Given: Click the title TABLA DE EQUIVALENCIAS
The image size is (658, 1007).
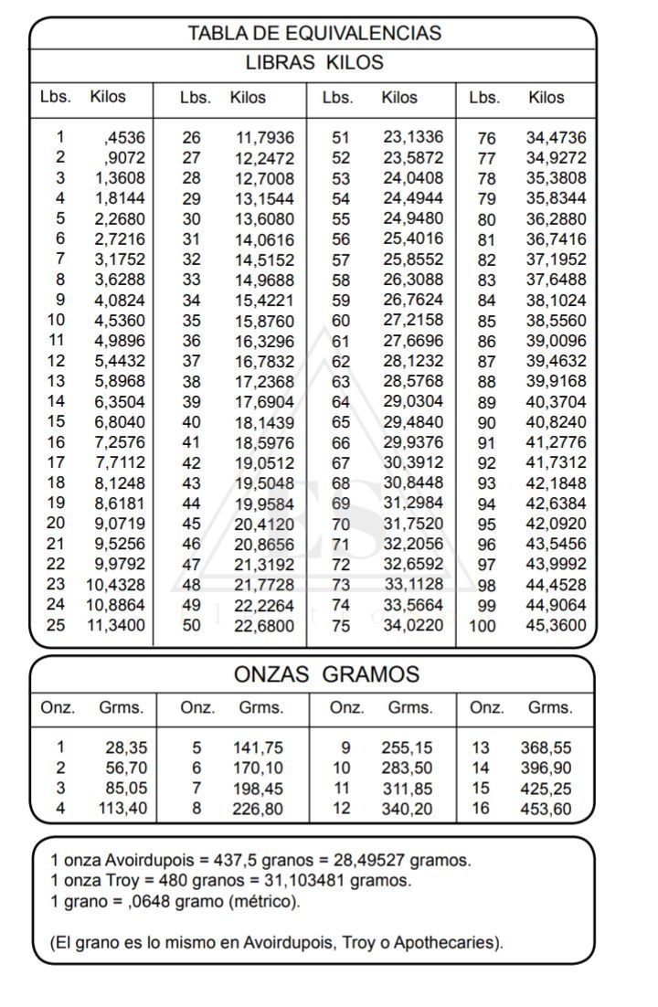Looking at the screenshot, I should coord(313,34).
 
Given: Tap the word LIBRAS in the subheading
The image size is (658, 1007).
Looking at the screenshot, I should coord(280,63).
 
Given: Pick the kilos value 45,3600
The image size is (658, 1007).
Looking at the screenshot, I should coord(556,627).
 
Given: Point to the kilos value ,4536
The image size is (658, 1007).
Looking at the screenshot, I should coord(124,138).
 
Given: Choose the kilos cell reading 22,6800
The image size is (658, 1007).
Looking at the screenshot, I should coord(265,626).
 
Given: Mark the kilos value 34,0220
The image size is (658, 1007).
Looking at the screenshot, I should coord(412,626).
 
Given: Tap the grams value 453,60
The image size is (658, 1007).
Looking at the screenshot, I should coord(546,809).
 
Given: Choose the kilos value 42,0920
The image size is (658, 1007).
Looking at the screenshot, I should coord(556,525).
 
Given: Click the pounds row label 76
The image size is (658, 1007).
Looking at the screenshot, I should coord(486,139).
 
